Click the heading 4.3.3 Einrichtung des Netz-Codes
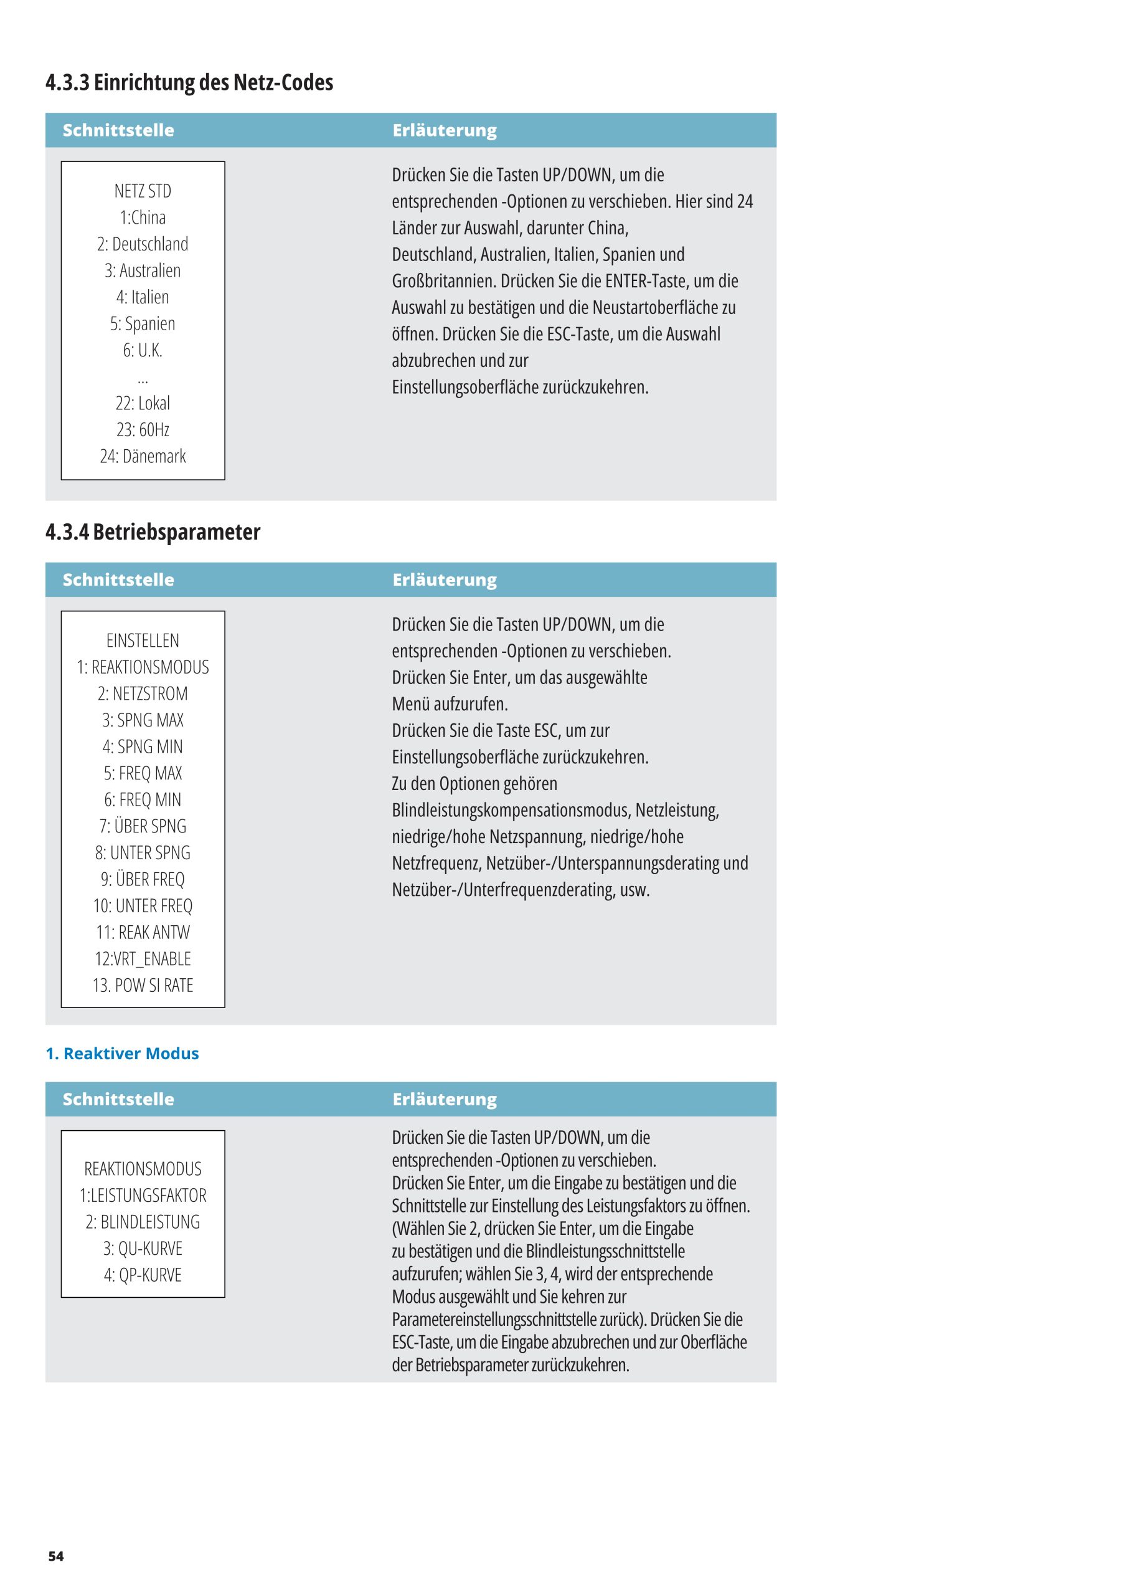point(189,83)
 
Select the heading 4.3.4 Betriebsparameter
point(153,532)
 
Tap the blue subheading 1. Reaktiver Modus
point(122,1054)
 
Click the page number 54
point(55,1556)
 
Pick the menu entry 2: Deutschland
point(143,244)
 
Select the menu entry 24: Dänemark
point(143,457)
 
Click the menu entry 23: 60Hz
point(143,430)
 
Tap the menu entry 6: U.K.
point(143,351)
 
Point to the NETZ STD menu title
point(143,191)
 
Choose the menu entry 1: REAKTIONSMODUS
point(143,667)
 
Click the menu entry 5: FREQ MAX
point(143,774)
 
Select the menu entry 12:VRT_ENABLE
point(143,959)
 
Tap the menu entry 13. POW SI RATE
point(143,986)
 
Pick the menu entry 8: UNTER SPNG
point(143,853)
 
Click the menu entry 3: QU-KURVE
point(143,1249)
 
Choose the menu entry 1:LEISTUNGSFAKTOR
point(143,1196)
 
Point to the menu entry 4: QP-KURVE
point(143,1275)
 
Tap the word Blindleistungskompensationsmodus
point(511,811)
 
